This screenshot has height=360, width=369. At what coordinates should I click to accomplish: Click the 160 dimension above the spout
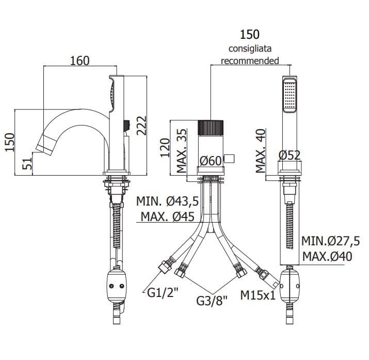click(x=79, y=61)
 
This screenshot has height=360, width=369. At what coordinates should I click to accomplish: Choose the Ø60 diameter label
click(x=211, y=161)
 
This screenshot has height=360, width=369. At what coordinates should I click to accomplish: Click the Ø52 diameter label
click(x=289, y=154)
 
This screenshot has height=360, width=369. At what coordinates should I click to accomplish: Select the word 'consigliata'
click(x=250, y=49)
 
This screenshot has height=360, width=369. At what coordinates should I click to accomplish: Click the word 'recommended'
click(x=250, y=60)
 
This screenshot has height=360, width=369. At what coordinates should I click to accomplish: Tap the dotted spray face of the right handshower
click(x=289, y=96)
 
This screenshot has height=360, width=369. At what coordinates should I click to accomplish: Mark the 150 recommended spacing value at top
click(x=250, y=35)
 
